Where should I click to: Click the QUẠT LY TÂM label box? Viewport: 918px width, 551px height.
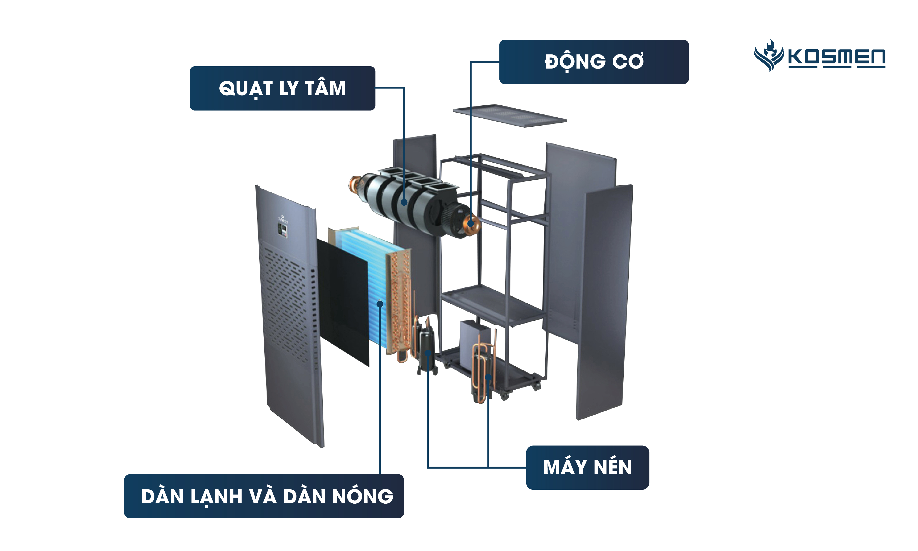[282, 88]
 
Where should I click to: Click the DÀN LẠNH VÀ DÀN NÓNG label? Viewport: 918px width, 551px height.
[264, 496]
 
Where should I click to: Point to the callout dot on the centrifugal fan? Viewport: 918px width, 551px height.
[404, 202]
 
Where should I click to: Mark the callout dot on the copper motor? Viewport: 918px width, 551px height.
[471, 223]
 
